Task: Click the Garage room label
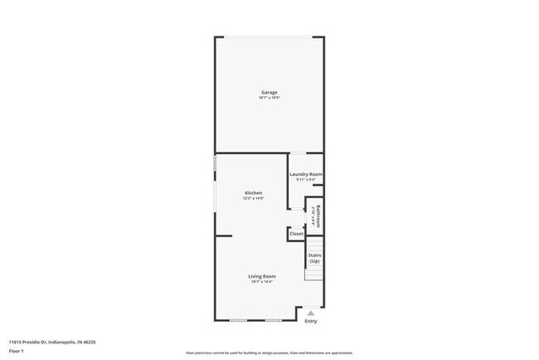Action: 269,92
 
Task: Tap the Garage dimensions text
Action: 269,98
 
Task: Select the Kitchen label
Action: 253,192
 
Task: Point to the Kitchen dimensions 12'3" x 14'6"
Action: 253,198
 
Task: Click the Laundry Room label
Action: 306,174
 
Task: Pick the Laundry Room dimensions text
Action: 306,180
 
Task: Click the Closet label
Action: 296,235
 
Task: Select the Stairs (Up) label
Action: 314,258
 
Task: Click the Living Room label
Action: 262,275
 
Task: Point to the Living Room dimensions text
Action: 262,281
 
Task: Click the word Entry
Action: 311,321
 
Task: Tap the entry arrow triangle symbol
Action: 311,313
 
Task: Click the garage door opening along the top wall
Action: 269,37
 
